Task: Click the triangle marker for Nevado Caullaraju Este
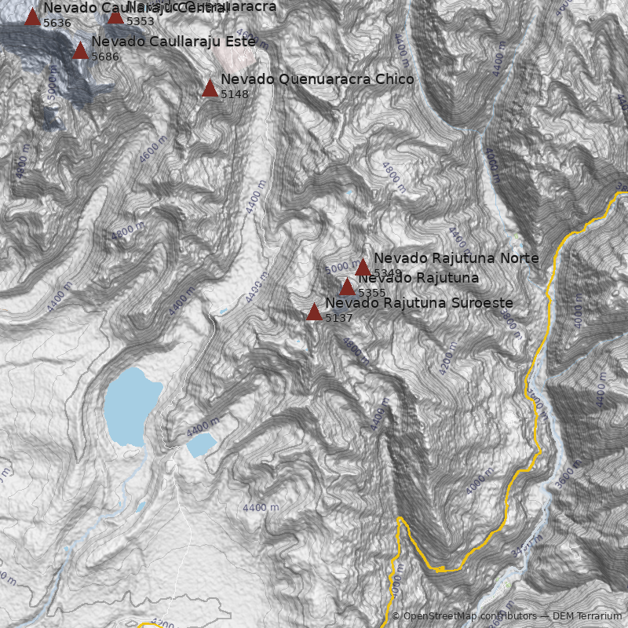[x=80, y=51]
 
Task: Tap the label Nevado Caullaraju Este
[x=173, y=42]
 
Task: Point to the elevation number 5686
[x=105, y=57]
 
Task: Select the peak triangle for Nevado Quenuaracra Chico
[x=210, y=88]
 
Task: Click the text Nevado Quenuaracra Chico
[x=317, y=79]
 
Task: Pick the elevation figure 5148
[x=235, y=94]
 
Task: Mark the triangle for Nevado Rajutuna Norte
[x=363, y=268]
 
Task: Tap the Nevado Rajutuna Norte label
[x=456, y=258]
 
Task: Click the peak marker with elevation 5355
[x=347, y=287]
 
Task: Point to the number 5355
[x=372, y=293]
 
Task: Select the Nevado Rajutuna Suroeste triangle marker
[x=314, y=312]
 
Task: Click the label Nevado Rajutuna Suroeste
[x=419, y=303]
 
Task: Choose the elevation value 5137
[x=339, y=318]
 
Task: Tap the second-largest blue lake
[x=201, y=444]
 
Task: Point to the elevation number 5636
[x=57, y=23]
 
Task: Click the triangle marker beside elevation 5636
[x=32, y=17]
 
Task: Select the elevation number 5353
[x=141, y=21]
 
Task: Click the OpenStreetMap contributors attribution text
[x=463, y=616]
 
